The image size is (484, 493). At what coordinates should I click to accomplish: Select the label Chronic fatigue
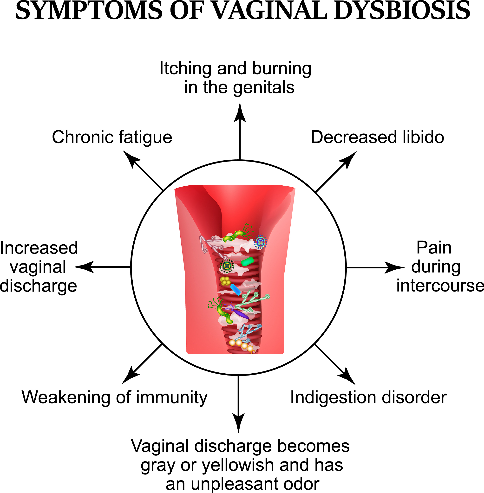point(112,137)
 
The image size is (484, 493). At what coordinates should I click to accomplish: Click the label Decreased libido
point(378,137)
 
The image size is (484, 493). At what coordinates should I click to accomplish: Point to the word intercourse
point(440,286)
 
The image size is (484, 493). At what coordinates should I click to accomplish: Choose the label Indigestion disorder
point(368,397)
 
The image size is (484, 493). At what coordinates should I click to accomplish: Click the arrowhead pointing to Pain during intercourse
point(394,267)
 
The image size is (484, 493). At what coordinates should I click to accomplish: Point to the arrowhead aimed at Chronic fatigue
point(130,158)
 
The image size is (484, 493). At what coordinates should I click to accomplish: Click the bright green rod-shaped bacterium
point(247,261)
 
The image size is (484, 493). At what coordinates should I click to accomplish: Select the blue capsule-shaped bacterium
point(235,289)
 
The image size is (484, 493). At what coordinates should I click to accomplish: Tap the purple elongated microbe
point(240,314)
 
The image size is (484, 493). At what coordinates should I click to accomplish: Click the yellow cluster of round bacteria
point(225,281)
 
